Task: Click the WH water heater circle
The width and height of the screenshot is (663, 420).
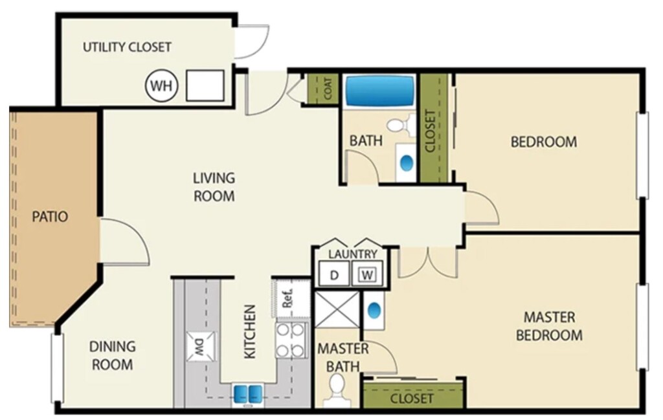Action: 161,86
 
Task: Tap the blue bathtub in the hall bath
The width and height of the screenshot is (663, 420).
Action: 379,91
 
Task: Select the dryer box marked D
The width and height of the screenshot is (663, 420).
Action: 334,274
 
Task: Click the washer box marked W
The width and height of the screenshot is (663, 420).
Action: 367,274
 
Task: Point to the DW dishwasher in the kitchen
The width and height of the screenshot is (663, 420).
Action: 201,346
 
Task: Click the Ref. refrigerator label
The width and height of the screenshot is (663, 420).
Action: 288,298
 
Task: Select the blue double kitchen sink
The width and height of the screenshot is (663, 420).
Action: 247,394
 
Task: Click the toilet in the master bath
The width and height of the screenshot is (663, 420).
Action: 337,389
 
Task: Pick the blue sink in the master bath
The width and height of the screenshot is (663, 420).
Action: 374,311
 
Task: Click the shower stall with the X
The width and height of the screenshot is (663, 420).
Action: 337,309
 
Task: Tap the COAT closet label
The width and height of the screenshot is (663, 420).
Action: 328,89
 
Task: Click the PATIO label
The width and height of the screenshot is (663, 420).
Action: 50,216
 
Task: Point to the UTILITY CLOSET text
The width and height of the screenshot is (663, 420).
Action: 127,47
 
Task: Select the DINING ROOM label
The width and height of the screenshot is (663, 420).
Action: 113,355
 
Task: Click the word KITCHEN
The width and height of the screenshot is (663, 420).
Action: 250,332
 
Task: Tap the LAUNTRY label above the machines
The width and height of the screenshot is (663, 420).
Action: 353,254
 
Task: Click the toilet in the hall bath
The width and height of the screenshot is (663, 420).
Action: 400,125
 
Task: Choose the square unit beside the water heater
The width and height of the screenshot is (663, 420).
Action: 205,86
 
